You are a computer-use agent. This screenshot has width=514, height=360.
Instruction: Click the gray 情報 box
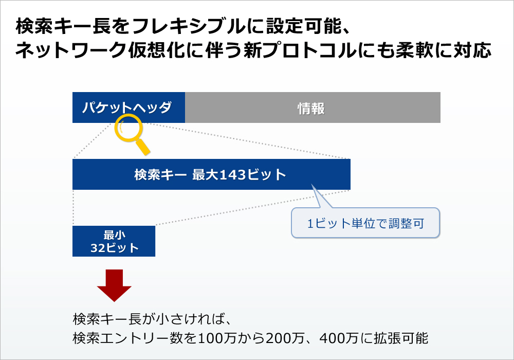(x=313, y=107)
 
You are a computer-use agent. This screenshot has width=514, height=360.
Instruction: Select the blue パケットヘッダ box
(x=128, y=107)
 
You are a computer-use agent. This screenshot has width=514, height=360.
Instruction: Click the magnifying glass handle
(x=143, y=147)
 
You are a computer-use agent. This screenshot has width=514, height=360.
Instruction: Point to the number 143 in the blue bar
(x=232, y=175)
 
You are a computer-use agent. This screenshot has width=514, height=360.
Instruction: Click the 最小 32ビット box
(x=114, y=241)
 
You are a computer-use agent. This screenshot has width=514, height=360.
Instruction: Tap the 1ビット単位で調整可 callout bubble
(x=365, y=223)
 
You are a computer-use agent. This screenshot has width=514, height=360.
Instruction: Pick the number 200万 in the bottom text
(x=285, y=338)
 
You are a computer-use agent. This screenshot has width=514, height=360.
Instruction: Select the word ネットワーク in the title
(x=71, y=50)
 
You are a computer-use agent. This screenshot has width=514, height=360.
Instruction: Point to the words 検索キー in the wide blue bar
(x=160, y=175)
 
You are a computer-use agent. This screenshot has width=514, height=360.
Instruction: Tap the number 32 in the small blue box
(x=97, y=248)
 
